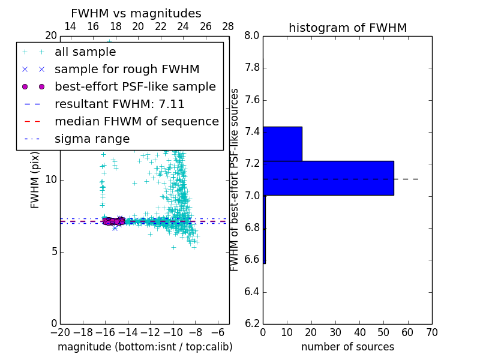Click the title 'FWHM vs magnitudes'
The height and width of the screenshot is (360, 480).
[136, 13]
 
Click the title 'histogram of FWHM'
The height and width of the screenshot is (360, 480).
[347, 28]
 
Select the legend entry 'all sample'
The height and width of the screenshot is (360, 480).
[85, 52]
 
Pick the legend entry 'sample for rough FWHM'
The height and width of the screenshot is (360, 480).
[127, 70]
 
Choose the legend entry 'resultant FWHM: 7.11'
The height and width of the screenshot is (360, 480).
[119, 104]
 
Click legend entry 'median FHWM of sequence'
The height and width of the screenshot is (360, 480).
[136, 122]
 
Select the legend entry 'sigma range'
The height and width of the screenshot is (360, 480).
[92, 139]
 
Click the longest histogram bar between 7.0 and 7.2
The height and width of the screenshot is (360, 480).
[328, 178]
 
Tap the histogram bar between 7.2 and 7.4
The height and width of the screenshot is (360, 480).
[282, 144]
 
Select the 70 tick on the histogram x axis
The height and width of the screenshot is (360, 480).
[431, 332]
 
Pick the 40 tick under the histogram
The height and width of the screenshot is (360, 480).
[359, 332]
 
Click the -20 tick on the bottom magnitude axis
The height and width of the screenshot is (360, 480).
[60, 332]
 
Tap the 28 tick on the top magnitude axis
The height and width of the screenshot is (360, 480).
[229, 26]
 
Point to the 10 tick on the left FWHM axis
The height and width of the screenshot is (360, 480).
[50, 179]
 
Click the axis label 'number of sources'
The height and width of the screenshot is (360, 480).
[347, 347]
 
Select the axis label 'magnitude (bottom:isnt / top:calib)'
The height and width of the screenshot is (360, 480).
[145, 347]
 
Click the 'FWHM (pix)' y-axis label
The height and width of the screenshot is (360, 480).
[35, 179]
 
